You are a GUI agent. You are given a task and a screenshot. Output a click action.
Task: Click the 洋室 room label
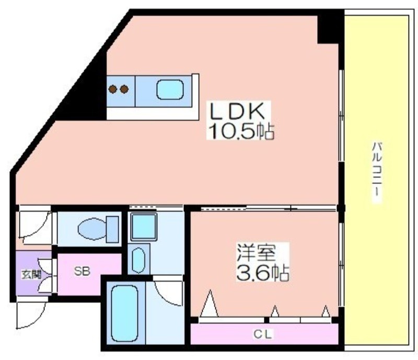point(257,252)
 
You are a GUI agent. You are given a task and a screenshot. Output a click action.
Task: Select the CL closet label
point(263,334)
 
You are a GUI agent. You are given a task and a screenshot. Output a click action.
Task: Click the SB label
point(82,271)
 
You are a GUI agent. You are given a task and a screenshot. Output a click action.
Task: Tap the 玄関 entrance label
point(31,274)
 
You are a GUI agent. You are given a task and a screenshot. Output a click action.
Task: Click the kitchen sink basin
point(170,90)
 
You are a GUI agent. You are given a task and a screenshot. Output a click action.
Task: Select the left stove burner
point(113,89)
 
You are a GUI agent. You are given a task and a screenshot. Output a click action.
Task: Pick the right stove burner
point(124,89)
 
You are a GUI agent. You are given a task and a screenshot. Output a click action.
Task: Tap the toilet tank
point(112,229)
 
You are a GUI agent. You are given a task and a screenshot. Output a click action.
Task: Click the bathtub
point(124,313)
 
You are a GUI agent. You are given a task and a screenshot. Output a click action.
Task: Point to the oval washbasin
point(138,260)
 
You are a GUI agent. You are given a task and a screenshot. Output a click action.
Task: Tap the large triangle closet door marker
point(210,304)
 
